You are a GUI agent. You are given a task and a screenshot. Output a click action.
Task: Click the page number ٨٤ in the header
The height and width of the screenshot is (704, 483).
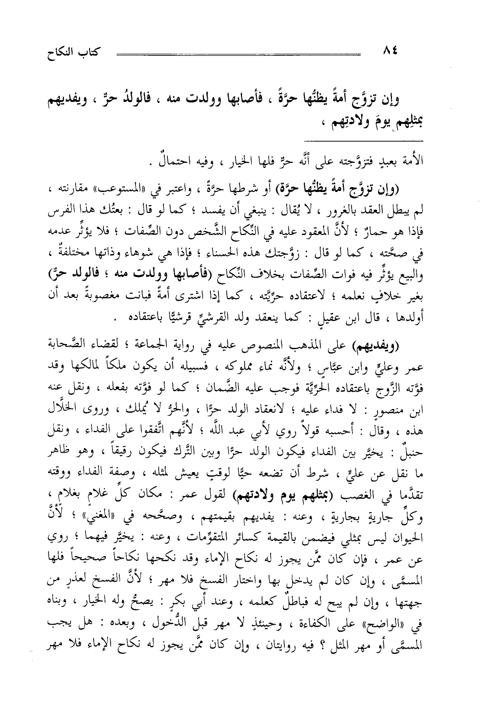(392, 51)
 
